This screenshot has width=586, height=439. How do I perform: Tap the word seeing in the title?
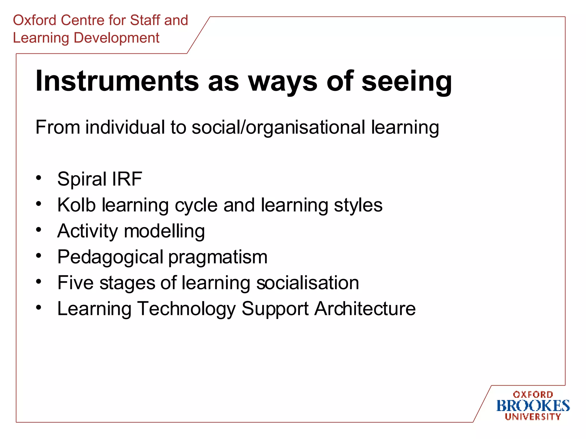click(407, 81)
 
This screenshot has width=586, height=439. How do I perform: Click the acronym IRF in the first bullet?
click(127, 179)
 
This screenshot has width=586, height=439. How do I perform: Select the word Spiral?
click(82, 179)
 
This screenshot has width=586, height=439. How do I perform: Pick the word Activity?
click(87, 231)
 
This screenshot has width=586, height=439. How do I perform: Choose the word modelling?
click(164, 231)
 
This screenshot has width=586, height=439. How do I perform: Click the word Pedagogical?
click(110, 257)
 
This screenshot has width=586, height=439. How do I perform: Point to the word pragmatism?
click(218, 257)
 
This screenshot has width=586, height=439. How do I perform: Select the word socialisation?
click(308, 283)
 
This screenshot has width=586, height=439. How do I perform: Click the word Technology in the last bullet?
click(187, 309)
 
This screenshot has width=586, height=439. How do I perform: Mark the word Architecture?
click(365, 309)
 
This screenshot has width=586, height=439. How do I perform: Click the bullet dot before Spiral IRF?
click(39, 178)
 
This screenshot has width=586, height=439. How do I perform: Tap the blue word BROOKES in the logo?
click(533, 406)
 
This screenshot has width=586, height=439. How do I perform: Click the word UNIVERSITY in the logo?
click(533, 417)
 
